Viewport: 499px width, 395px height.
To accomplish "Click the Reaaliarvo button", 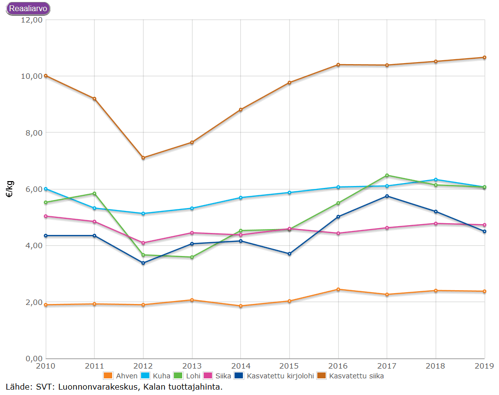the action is (x=28, y=9).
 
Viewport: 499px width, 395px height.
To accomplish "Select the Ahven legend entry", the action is (x=120, y=375).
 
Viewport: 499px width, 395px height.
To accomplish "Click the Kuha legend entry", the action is (x=156, y=375).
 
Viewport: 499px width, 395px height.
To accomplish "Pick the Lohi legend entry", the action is (x=187, y=375).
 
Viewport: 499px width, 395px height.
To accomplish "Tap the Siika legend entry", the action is (x=217, y=375).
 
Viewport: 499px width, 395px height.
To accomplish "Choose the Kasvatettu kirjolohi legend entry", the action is (x=274, y=375).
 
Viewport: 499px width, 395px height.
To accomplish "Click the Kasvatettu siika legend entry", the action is (x=351, y=375).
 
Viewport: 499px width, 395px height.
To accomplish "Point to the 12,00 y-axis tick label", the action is (x=32, y=20).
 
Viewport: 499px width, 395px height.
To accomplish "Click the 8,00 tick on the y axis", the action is (x=34, y=133).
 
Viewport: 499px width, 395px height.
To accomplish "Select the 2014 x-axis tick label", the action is (x=240, y=366).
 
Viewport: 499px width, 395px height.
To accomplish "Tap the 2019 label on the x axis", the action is (x=484, y=366).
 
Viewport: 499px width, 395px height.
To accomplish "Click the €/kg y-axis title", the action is (x=10, y=189).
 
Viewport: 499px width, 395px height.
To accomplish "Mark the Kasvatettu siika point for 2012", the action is (x=143, y=158).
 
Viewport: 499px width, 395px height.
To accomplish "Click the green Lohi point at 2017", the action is (x=387, y=175).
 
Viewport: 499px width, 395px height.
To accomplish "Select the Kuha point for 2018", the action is (x=436, y=180).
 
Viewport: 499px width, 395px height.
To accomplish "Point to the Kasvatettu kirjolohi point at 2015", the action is (x=289, y=254).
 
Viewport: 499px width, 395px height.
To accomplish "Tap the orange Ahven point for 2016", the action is (x=338, y=289).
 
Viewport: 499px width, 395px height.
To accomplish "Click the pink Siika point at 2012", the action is (x=143, y=243).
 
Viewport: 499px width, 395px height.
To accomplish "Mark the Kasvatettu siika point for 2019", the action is (x=484, y=58).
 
